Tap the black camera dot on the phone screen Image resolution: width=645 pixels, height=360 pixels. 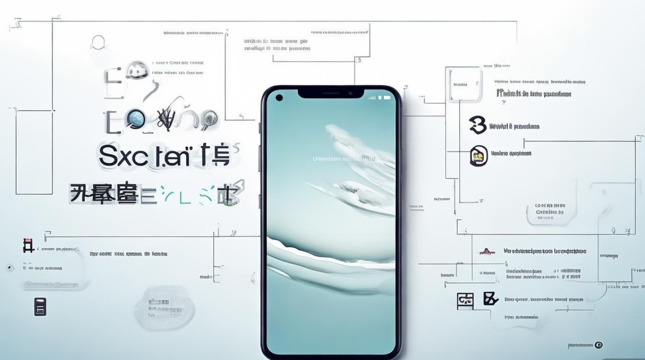tap(279, 98)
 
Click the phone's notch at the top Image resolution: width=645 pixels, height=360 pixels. tap(331, 92)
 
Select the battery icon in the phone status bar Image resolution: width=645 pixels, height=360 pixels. tap(386, 97)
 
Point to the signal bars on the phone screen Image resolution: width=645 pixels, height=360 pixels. tap(372, 98)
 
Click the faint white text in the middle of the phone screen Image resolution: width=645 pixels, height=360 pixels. tap(343, 158)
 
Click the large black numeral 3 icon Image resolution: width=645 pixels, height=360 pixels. tap(478, 125)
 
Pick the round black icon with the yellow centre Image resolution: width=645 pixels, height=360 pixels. tap(478, 156)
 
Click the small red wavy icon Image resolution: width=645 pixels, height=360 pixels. tap(487, 252)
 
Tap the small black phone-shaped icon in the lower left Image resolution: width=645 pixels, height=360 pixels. tap(40, 306)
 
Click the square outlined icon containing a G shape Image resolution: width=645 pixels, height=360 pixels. tap(465, 300)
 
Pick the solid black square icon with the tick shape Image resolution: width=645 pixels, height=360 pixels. tap(490, 299)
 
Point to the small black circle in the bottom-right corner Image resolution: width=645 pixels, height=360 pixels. tap(598, 345)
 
